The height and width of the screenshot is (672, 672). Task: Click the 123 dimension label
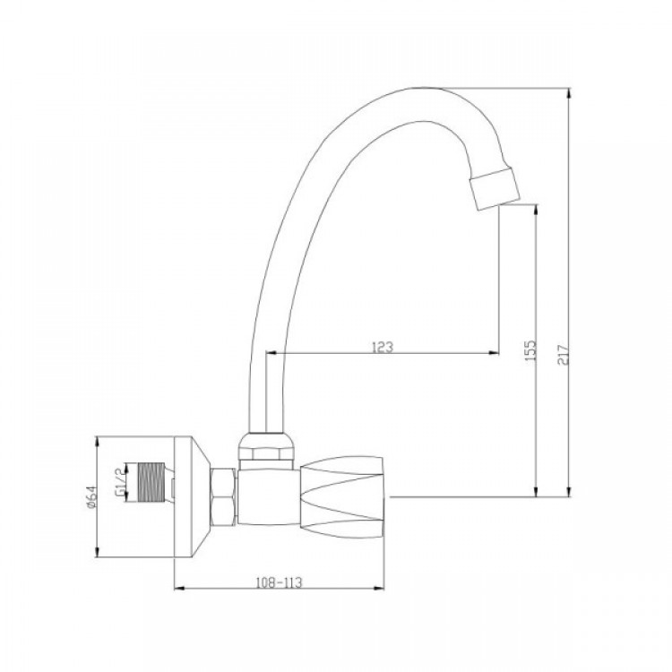click(383, 346)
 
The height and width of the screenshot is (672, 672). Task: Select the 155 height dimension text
click(530, 350)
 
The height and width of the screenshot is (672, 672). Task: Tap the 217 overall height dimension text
click(564, 354)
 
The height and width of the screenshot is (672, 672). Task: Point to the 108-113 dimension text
click(279, 582)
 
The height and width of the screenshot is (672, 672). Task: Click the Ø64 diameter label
click(90, 497)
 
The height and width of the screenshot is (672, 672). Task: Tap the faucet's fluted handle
click(342, 496)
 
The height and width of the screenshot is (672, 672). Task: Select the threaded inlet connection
click(151, 482)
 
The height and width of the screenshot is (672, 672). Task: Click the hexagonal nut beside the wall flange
click(223, 496)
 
